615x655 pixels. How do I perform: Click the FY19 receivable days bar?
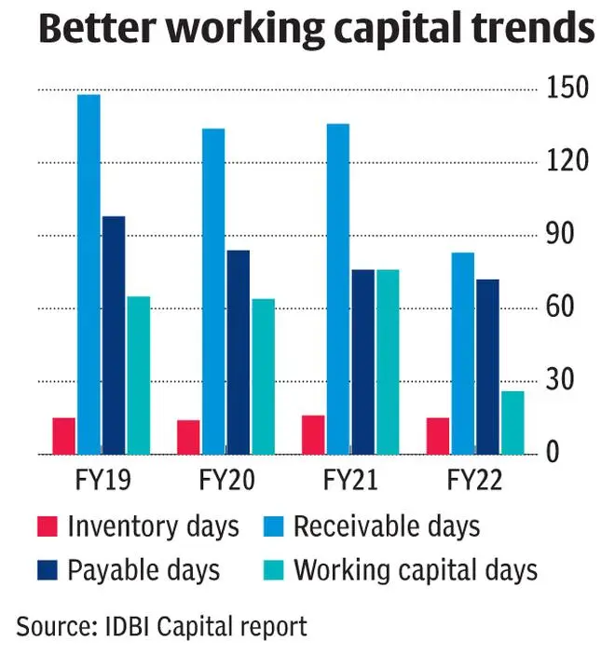[89, 274]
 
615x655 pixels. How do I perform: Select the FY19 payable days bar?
[114, 335]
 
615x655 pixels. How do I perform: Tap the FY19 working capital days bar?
[138, 375]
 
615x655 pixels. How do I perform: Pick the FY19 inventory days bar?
[63, 436]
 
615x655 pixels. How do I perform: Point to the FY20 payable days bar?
[239, 352]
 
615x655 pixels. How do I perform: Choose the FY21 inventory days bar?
[313, 435]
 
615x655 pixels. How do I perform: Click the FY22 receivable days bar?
[463, 353]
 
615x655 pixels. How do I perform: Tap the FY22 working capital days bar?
[512, 423]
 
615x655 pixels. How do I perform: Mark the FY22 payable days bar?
[487, 366]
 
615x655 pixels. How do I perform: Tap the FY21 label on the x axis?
[350, 481]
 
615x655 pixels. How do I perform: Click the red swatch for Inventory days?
[48, 526]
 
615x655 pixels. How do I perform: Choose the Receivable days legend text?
[387, 526]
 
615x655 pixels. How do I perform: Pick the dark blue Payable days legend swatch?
[48, 569]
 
